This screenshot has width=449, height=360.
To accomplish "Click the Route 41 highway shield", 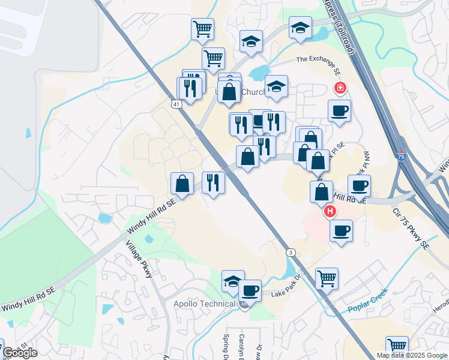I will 176,104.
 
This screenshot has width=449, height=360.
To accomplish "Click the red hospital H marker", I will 330,212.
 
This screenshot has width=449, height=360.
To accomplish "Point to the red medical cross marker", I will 340,89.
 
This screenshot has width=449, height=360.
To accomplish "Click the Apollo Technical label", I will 204,304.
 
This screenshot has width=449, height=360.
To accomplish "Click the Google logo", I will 20,353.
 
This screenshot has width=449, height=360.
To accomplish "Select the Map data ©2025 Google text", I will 412,355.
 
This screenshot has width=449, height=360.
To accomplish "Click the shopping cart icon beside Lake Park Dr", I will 327,278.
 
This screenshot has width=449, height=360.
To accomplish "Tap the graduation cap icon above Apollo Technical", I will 233,281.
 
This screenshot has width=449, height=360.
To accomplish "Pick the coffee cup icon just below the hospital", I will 341,230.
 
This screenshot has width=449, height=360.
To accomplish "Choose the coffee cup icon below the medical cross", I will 339,110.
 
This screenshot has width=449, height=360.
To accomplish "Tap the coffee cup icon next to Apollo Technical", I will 250,290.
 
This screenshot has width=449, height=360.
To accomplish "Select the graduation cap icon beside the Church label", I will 276,86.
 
